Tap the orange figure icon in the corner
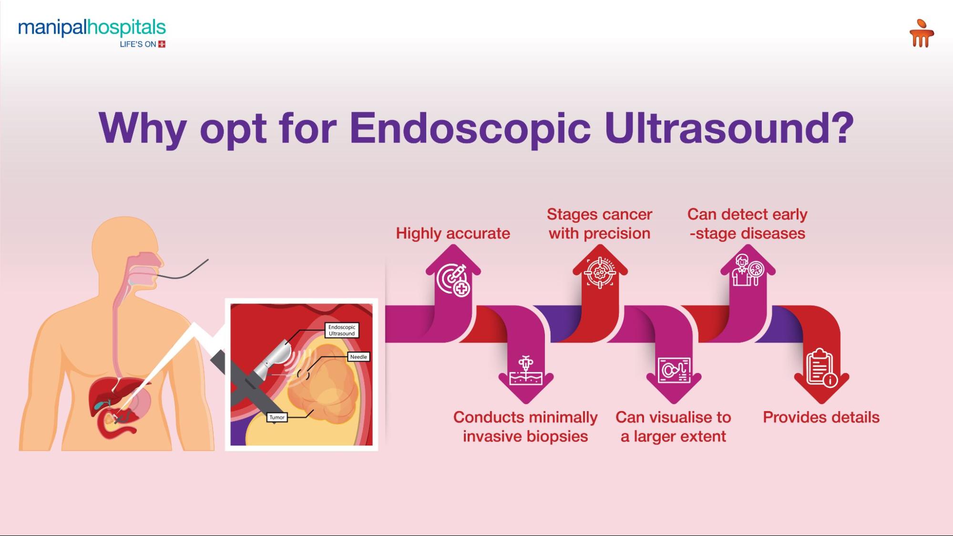[921, 33]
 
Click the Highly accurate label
[452, 233]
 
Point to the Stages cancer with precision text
[599, 224]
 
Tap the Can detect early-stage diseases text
[747, 224]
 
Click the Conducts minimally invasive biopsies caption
[525, 426]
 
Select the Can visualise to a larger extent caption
[673, 426]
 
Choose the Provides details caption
[821, 417]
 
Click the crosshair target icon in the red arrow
[600, 273]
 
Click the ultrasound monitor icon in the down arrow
[674, 370]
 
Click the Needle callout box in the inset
[359, 357]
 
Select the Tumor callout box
[277, 417]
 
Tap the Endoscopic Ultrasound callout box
[342, 330]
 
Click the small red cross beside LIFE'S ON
[162, 44]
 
